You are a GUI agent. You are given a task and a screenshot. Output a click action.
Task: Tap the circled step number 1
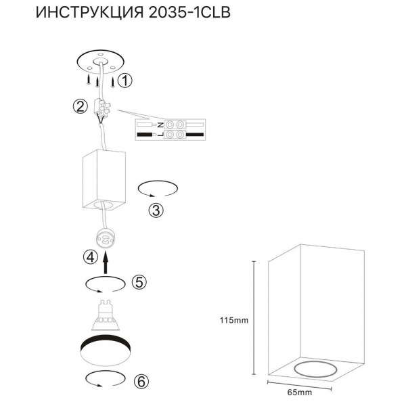click(x=124, y=81)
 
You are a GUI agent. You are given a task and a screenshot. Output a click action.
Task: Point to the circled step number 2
click(x=81, y=106)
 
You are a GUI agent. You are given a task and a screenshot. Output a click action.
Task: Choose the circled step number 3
click(x=156, y=209)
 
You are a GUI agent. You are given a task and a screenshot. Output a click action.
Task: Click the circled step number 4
click(x=89, y=257)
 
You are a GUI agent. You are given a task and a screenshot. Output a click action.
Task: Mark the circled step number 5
click(x=139, y=282)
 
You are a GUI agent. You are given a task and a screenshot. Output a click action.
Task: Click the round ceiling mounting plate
click(x=100, y=62)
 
